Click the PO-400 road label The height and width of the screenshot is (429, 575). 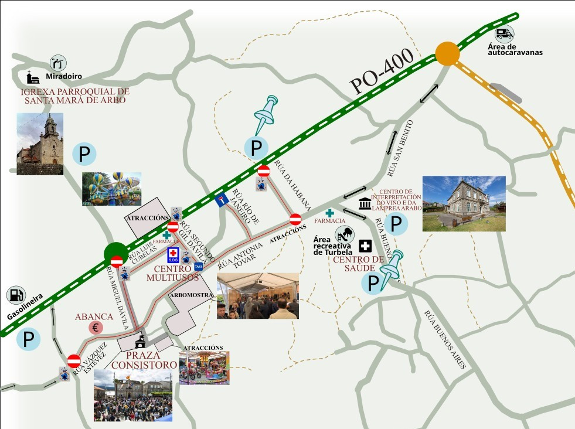[382, 71]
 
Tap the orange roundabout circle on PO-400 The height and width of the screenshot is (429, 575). [447, 54]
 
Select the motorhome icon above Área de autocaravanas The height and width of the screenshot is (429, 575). [504, 34]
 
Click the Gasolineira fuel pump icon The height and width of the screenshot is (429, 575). [16, 296]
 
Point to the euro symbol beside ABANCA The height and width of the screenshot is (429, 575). [96, 328]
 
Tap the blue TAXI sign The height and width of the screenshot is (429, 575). [198, 266]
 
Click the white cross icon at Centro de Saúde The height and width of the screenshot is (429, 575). [366, 246]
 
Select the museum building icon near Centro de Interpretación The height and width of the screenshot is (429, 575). [365, 204]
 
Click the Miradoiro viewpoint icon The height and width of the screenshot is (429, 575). [57, 63]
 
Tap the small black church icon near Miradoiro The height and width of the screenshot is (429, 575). [32, 77]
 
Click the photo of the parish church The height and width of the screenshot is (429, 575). [40, 144]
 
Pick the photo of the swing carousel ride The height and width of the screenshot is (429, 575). [111, 189]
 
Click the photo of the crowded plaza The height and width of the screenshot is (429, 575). [133, 394]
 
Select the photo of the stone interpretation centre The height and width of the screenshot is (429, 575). [464, 203]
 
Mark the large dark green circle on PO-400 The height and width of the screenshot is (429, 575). [116, 254]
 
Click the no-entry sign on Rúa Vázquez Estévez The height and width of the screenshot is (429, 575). [74, 361]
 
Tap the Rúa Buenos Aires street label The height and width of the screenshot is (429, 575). [445, 339]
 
